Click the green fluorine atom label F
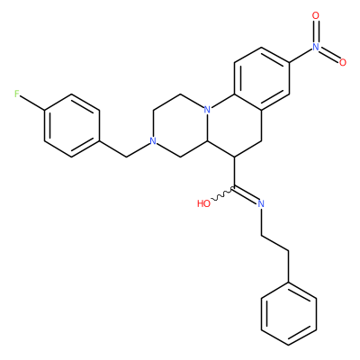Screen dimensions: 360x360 (17, 94)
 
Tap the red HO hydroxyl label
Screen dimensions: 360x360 (203, 204)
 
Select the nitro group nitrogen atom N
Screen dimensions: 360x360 (315, 47)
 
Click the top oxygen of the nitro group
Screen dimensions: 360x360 (315, 15)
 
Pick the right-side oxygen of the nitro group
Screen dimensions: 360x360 (343, 62)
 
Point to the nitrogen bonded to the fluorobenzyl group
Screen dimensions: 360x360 (153, 141)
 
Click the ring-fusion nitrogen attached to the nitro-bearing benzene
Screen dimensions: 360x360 (207, 110)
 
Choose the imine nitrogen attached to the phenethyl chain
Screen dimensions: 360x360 (261, 203)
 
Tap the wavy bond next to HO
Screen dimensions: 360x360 (222, 194)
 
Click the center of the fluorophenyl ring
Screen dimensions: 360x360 (72, 125)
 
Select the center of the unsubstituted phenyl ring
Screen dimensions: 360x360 (289, 313)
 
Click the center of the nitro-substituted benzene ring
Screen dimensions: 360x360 (262, 78)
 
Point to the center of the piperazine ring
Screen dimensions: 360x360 (180, 125)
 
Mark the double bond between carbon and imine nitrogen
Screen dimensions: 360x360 (246, 194)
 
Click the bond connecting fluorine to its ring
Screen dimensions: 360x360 (32, 102)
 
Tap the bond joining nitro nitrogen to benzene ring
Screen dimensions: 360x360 (301, 55)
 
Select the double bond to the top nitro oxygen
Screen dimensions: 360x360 (315, 31)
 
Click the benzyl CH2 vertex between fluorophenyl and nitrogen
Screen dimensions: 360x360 (126, 157)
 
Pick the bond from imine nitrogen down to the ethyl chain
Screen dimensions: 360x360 (261, 220)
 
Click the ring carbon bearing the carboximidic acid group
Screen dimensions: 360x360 (234, 157)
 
